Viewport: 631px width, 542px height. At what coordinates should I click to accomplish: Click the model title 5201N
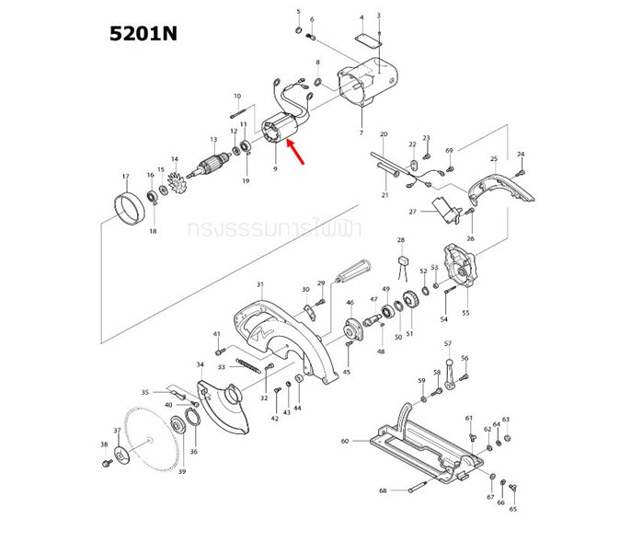pyautogui.click(x=143, y=33)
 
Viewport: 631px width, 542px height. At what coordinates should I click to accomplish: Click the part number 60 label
pyautogui.click(x=345, y=441)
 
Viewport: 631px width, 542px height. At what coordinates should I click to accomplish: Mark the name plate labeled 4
pyautogui.click(x=366, y=40)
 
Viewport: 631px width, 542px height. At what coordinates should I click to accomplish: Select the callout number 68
pyautogui.click(x=383, y=490)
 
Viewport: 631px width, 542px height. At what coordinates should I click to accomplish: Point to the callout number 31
pyautogui.click(x=260, y=284)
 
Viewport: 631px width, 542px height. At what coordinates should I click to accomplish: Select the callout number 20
pyautogui.click(x=384, y=134)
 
